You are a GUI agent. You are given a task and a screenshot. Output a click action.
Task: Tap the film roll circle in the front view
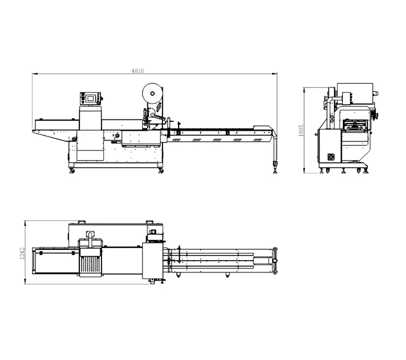tap(152, 93)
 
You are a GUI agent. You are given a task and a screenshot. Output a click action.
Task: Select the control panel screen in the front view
tap(90, 98)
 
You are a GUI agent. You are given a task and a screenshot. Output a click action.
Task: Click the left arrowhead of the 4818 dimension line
tap(33, 74)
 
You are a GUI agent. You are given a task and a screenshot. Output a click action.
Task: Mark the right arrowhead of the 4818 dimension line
tap(276, 74)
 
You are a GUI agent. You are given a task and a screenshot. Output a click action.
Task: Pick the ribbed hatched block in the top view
tap(90, 268)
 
